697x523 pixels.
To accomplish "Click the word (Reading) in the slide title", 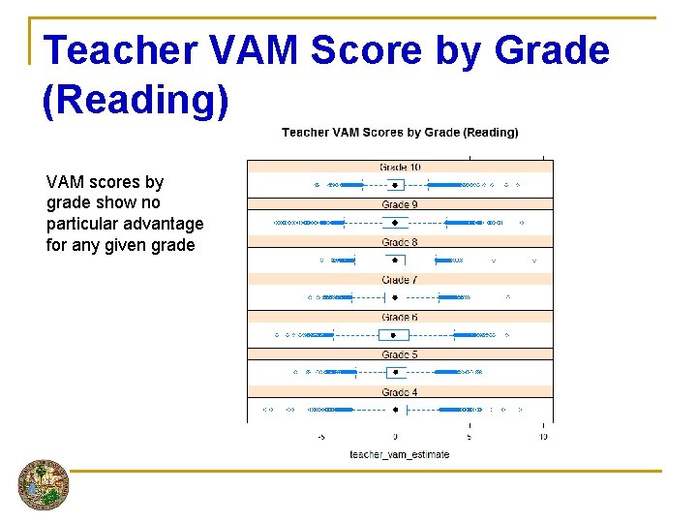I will pos(136,100).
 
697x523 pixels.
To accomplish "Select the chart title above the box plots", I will pos(400,133).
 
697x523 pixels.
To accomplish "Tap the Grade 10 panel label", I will pos(400,168).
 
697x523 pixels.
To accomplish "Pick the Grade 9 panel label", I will pos(400,204).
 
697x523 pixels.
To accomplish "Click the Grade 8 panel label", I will pos(400,242).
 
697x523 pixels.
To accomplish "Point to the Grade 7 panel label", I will pos(400,280).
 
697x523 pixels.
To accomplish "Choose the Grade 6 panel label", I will pos(400,318).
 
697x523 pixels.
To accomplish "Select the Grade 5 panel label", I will pos(400,355).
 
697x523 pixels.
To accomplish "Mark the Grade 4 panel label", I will pos(400,392).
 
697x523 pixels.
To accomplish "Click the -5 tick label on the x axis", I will pos(321,437).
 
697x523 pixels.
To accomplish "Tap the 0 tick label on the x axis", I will pos(395,437).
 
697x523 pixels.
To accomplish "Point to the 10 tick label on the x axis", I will pos(543,437).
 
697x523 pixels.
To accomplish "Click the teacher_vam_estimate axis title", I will pos(399,454).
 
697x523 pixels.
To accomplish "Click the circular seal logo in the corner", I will pos(44,484).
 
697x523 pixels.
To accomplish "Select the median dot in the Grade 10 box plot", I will pos(395,184).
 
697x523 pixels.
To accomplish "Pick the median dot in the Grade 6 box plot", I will pos(395,335).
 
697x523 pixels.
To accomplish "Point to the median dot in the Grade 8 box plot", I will pos(395,260).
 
